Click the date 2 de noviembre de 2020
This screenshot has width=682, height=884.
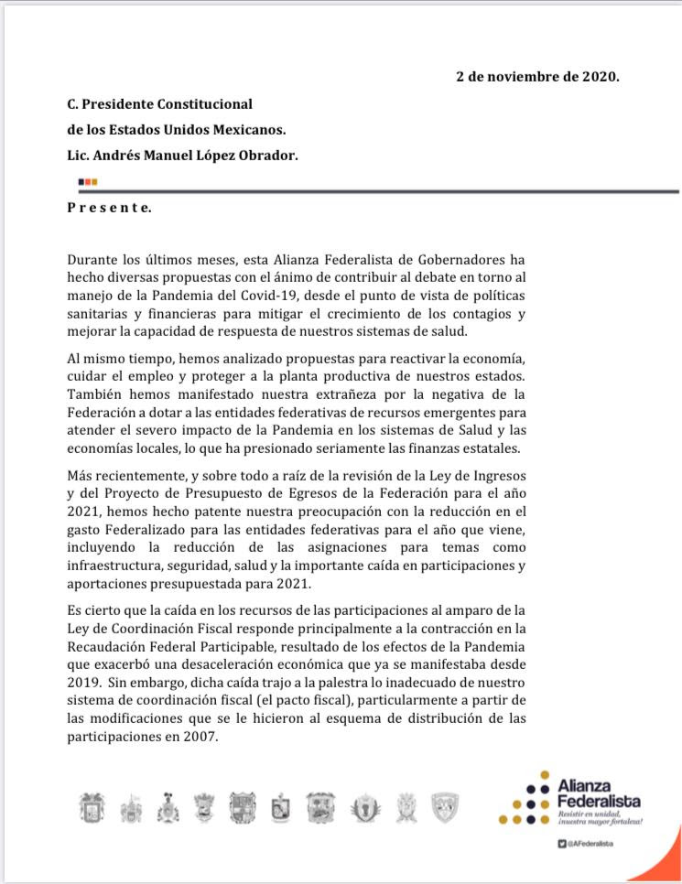(x=537, y=77)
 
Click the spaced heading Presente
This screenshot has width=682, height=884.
(x=109, y=208)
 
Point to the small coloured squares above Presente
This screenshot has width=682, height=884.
(x=88, y=182)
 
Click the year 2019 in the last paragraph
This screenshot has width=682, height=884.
(x=82, y=683)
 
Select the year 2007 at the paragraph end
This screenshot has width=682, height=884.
(x=200, y=737)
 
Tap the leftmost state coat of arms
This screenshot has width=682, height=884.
(x=91, y=807)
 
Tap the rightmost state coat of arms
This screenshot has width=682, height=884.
(x=444, y=806)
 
